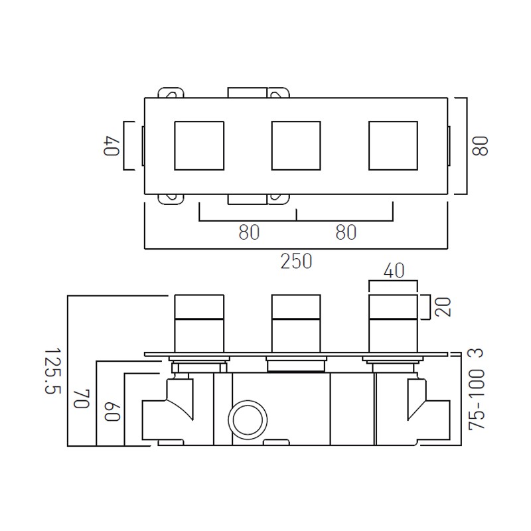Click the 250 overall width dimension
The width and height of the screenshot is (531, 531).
coord(296,261)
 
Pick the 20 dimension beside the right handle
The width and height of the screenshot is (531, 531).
coord(444,306)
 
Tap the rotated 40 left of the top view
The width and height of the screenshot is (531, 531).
coord(111,146)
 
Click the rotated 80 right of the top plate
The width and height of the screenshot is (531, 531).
coord(481,146)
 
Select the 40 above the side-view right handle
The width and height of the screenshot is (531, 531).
coord(393,270)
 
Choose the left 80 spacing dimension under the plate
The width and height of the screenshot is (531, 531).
coord(249,232)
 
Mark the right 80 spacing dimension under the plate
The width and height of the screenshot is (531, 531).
coord(345,232)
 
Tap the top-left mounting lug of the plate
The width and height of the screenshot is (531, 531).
coord(171,92)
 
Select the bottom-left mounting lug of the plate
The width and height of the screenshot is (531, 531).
coord(171,199)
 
